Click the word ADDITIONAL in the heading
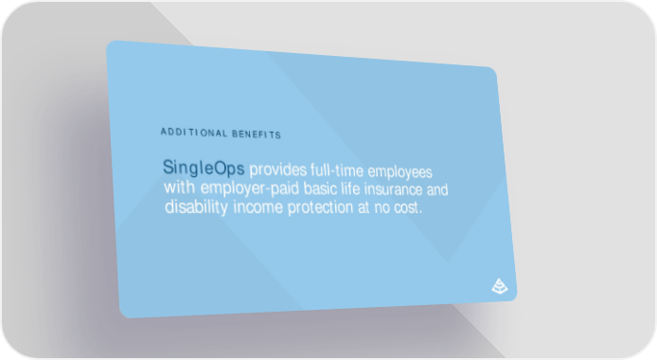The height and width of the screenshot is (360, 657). pyautogui.click(x=194, y=133)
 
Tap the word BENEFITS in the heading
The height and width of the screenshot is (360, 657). pyautogui.click(x=257, y=135)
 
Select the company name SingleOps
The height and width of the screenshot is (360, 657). pyautogui.click(x=204, y=168)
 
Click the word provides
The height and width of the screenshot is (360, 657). pyautogui.click(x=278, y=170)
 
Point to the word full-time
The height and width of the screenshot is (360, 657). pyautogui.click(x=337, y=171)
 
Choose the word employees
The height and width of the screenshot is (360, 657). pyautogui.click(x=400, y=172)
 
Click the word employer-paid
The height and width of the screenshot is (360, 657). pyautogui.click(x=250, y=188)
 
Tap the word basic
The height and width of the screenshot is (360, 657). pyautogui.click(x=320, y=189)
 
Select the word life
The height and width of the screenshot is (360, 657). pyautogui.click(x=350, y=189)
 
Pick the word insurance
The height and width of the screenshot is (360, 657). pyautogui.click(x=394, y=189)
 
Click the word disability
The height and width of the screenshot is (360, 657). pyautogui.click(x=197, y=207)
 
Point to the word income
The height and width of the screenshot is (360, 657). pyautogui.click(x=258, y=207)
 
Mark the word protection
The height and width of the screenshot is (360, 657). pyautogui.click(x=321, y=207)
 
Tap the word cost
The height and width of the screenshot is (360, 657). pyautogui.click(x=406, y=207)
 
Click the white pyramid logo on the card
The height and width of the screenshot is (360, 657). pyautogui.click(x=500, y=286)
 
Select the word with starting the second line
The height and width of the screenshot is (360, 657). pyautogui.click(x=179, y=187)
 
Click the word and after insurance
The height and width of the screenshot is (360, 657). pyautogui.click(x=437, y=189)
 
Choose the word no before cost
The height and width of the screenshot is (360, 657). pyautogui.click(x=382, y=207)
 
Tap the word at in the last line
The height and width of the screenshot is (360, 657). pyautogui.click(x=364, y=207)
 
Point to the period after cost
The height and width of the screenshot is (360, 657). pyautogui.click(x=420, y=212)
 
